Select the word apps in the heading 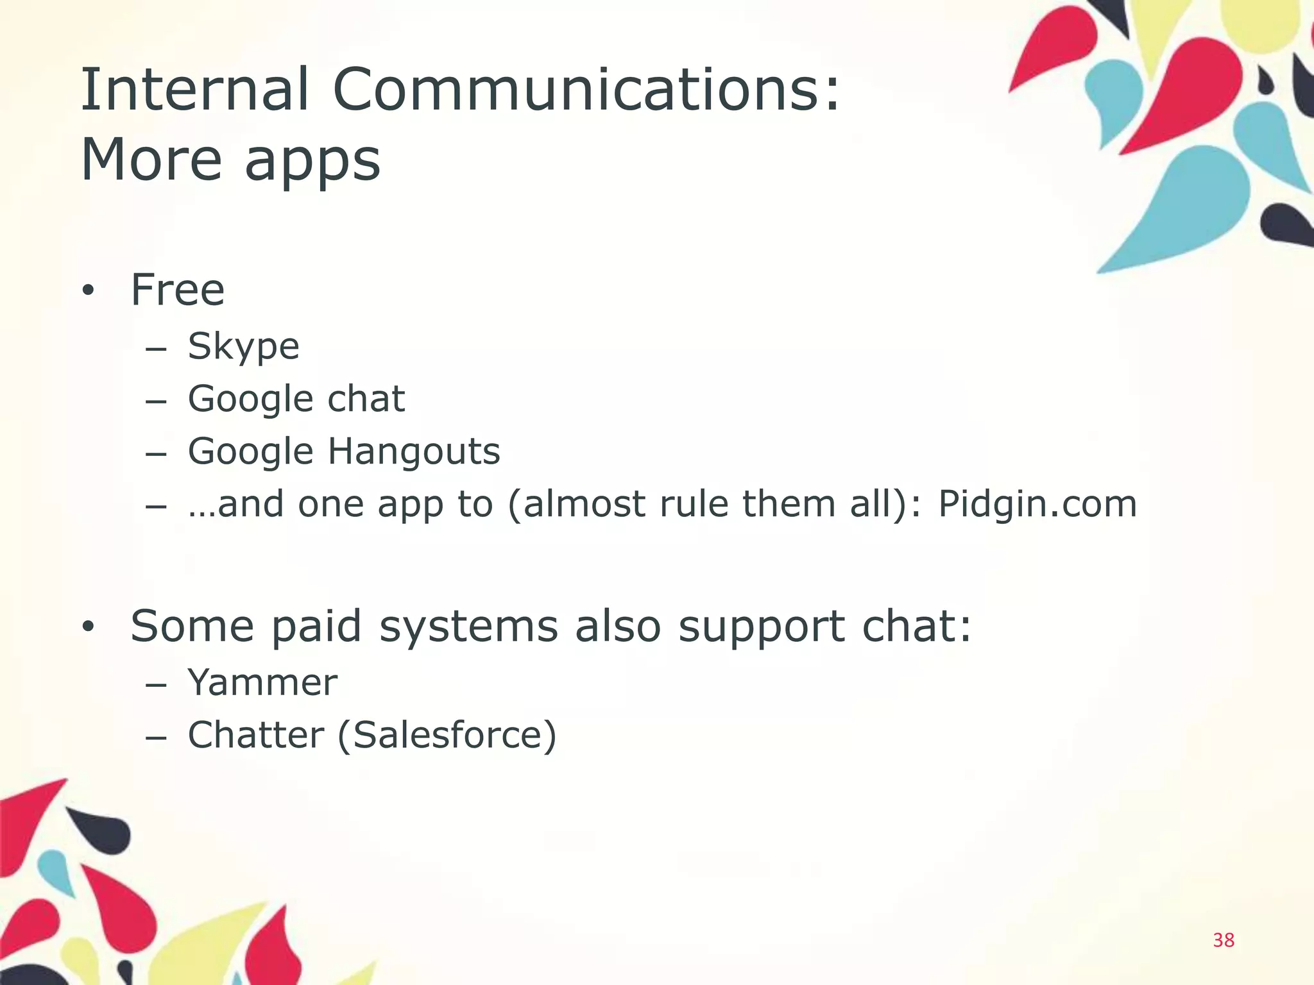coord(312,163)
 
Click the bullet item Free coord(178,290)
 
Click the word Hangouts coord(414,452)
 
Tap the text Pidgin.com coord(1037,505)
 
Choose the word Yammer coord(262,682)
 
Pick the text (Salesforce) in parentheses coord(447,736)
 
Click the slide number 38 coord(1224,940)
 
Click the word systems coord(468,628)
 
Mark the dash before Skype coord(156,349)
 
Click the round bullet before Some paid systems coord(88,627)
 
